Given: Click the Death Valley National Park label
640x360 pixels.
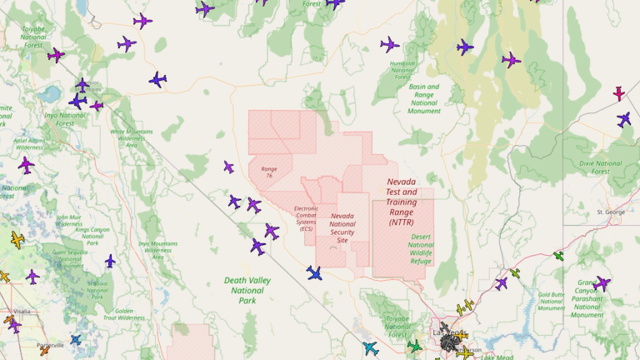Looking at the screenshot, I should pos(247,290).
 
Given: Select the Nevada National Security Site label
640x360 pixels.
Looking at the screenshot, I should pos(342,227).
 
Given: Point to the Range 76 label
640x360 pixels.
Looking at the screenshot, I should pos(269,172).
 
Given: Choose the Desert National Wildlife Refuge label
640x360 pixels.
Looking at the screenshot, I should pos(421,249).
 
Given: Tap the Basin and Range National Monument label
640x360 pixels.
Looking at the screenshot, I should pos(424,98).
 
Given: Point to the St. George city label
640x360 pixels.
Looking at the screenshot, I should pos(610,212).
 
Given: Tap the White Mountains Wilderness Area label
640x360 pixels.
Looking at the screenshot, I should pos(132,137).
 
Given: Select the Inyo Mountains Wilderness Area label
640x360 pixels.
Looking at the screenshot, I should pos(157,250).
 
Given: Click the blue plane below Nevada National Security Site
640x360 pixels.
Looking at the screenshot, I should pos(314,272).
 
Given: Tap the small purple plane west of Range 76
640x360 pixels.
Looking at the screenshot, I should pos(228,167).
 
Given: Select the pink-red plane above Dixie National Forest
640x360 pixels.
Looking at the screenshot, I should pos(619,92).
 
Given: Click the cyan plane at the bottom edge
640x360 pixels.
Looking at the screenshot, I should pos(371,347).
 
